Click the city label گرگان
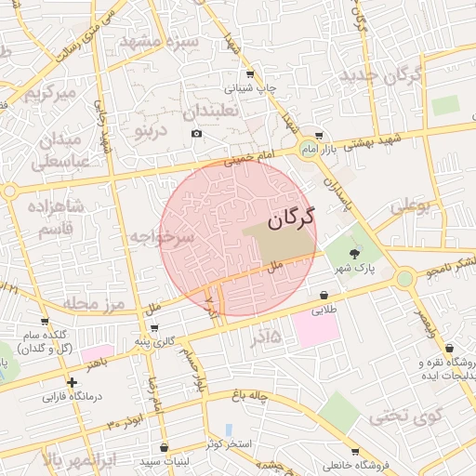[291, 218]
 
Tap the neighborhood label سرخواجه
[163, 238]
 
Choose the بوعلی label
[410, 207]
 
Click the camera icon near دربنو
[196, 134]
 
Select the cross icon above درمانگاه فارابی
[72, 381]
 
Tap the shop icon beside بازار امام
[319, 134]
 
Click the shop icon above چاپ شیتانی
[249, 74]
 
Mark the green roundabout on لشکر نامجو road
[404, 278]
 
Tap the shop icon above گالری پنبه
[152, 327]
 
